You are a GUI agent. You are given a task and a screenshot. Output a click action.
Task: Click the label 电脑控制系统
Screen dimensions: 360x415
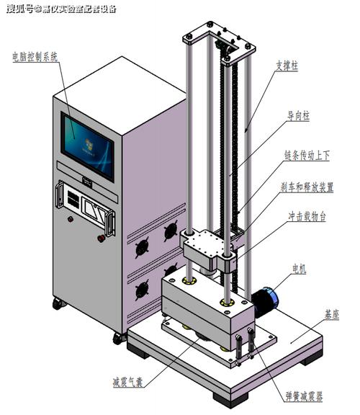point(35,57)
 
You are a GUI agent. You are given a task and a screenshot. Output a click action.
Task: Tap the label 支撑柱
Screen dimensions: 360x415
point(287,66)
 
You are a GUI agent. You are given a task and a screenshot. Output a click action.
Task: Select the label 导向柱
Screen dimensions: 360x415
point(298,116)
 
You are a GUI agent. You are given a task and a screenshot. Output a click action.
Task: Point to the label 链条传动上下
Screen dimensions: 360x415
point(307,156)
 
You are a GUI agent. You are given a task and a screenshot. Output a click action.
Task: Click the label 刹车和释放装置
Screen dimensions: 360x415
point(307,187)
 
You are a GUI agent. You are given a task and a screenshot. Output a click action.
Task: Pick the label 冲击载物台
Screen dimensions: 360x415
point(307,216)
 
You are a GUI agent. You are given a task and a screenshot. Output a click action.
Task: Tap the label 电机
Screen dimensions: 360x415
point(300,269)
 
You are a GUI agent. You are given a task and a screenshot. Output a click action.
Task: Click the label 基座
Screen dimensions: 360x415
point(332,314)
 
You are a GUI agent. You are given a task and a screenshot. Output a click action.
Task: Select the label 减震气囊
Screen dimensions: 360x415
point(128,382)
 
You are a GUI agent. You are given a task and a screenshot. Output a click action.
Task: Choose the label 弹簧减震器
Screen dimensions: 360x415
point(304,396)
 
